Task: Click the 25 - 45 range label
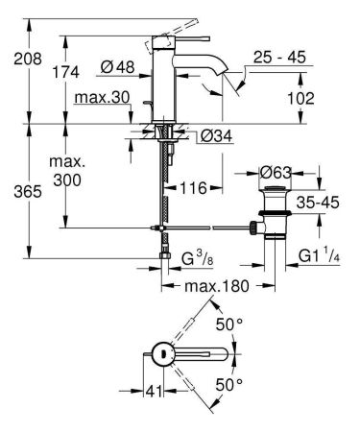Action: pos(279,57)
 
